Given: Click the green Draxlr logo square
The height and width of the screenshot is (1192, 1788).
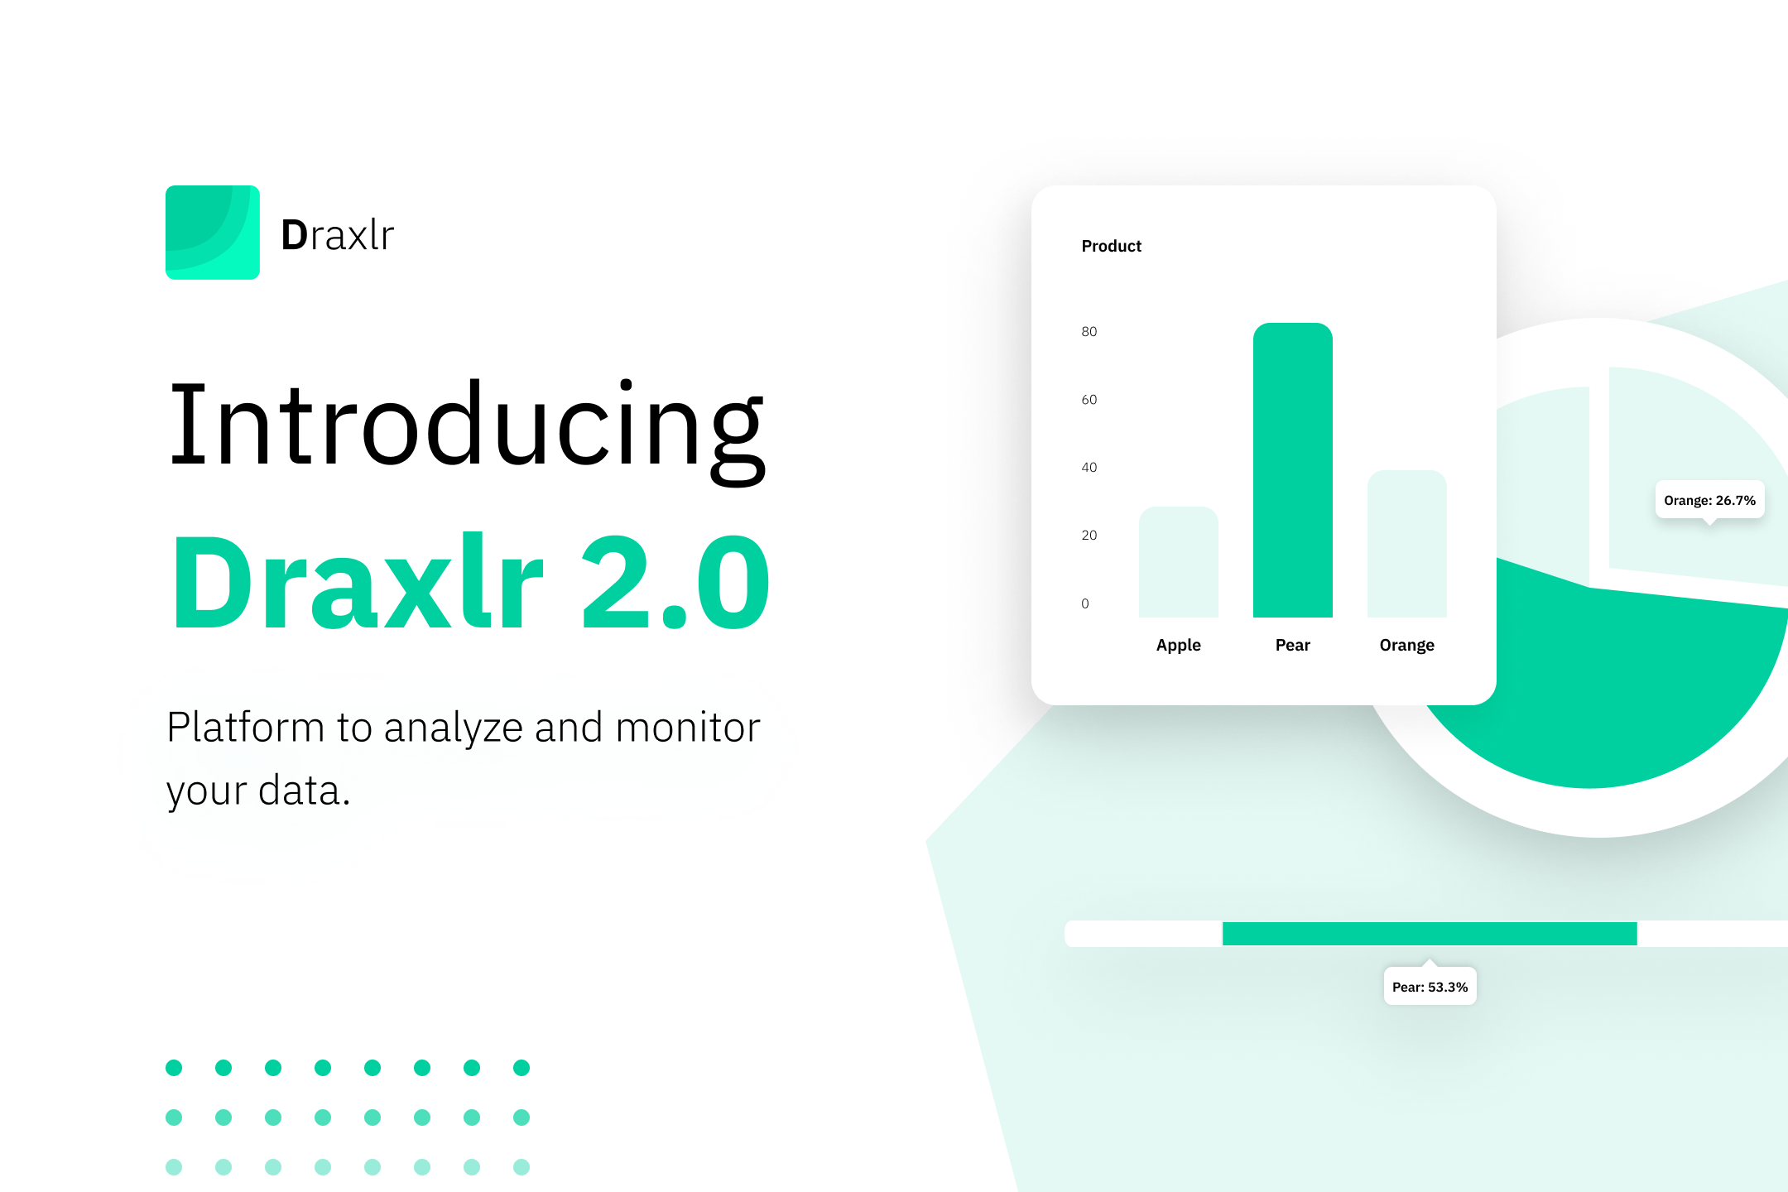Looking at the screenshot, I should (x=213, y=233).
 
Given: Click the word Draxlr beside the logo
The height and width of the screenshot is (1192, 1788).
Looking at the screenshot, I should (x=338, y=235).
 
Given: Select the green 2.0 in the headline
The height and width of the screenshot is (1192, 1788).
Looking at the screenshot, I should (x=675, y=583).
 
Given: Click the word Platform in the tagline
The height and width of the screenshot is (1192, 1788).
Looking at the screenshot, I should (x=245, y=728).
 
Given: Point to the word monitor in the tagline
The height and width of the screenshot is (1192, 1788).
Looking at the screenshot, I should (x=688, y=728).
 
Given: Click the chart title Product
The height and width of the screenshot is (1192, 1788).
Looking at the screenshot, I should (x=1111, y=246).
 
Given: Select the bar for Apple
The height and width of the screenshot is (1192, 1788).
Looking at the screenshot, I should (x=1178, y=563).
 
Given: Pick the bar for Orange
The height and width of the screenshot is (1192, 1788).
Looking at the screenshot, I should (x=1406, y=545).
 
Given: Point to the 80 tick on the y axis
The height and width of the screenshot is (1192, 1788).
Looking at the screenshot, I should (x=1089, y=332).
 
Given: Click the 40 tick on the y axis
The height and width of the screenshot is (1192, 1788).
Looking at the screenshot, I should (x=1089, y=468).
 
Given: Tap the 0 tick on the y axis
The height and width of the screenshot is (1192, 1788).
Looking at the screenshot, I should (x=1085, y=603).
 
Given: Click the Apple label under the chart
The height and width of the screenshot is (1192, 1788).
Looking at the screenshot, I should (x=1178, y=645).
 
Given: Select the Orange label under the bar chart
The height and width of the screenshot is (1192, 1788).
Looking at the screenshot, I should (x=1406, y=645).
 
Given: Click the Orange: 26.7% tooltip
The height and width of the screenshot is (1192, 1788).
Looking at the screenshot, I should (x=1709, y=500).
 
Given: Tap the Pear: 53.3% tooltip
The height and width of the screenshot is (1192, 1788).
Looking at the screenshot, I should (x=1430, y=987).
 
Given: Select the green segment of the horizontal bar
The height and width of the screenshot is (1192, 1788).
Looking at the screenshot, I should (x=1430, y=933).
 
